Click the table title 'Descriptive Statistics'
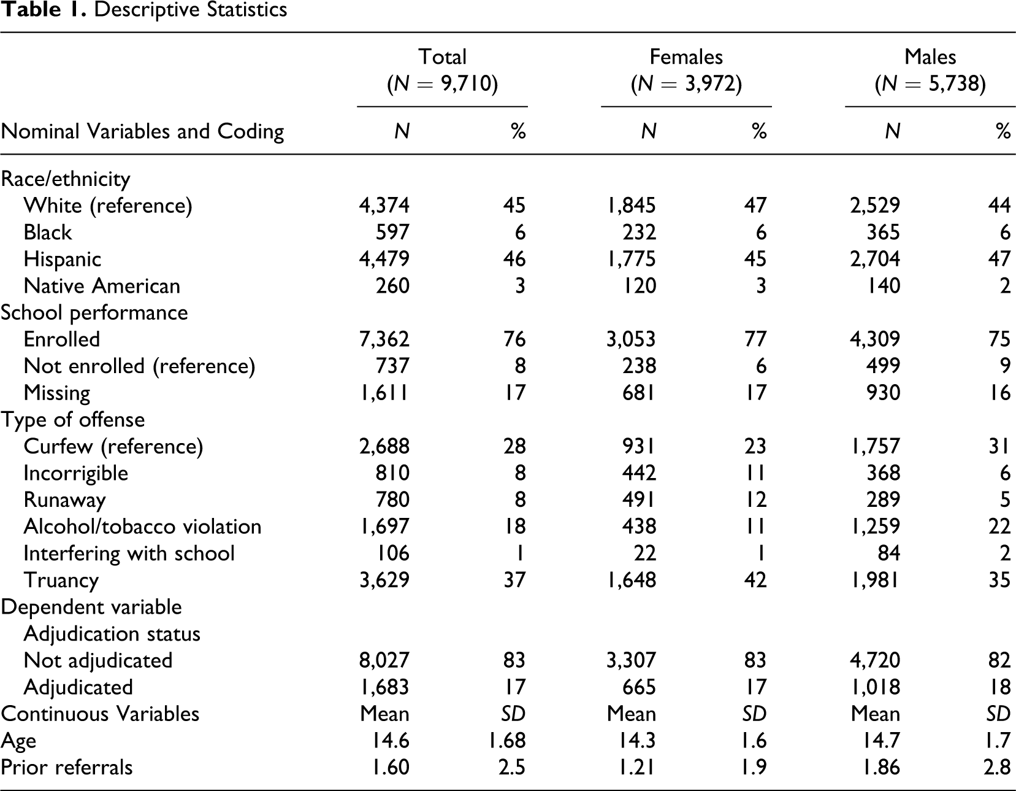[191, 9]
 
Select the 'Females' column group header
[686, 57]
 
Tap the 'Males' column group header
[930, 57]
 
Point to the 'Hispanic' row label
[62, 260]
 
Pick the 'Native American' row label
[102, 286]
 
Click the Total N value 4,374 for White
[384, 206]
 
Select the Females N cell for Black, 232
[639, 233]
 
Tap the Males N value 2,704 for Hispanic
[875, 259]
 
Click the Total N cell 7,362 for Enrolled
[384, 339]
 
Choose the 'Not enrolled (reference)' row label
[139, 366]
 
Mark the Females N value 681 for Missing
[639, 393]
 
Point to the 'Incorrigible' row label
[76, 474]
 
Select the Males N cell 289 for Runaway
[883, 500]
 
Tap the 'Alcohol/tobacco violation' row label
[143, 527]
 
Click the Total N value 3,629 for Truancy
[384, 580]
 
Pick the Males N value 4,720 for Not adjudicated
[875, 660]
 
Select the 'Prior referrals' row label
[67, 768]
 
